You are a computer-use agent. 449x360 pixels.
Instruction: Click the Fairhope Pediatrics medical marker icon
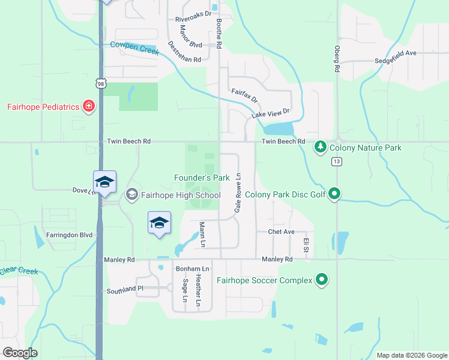(x=89, y=107)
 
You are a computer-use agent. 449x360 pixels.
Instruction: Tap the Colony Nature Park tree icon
(x=321, y=147)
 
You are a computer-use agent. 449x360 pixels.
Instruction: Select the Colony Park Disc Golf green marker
(x=335, y=194)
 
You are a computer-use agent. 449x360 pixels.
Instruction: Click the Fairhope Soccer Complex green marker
(x=322, y=280)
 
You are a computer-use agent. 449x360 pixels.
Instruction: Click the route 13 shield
(x=336, y=161)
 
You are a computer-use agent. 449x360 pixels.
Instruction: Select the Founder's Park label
(x=202, y=178)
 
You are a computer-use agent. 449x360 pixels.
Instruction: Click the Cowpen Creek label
(x=134, y=48)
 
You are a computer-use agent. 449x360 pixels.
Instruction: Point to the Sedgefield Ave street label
(x=395, y=53)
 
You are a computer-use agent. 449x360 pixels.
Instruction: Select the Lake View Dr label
(x=270, y=112)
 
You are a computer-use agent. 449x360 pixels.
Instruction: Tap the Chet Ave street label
(x=281, y=232)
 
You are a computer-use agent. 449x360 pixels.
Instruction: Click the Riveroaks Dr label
(x=193, y=16)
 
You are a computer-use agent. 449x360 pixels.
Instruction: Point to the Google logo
(x=20, y=353)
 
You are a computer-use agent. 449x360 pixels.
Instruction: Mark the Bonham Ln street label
(x=192, y=268)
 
